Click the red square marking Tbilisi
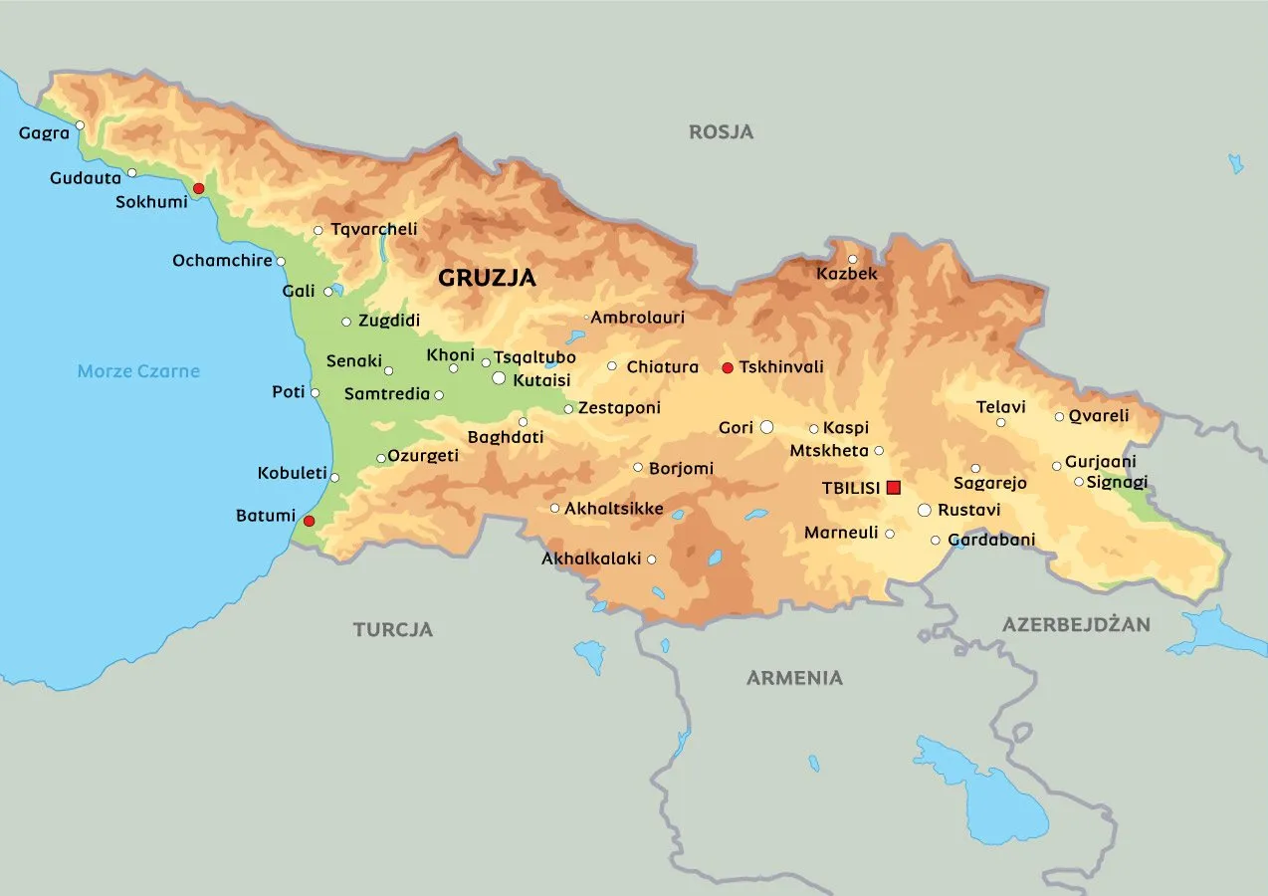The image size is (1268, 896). (x=893, y=487)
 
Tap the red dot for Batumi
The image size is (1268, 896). (x=309, y=521)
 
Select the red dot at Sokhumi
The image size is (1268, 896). (x=198, y=188)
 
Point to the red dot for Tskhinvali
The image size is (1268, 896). (x=728, y=368)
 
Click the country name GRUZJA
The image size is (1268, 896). (x=487, y=279)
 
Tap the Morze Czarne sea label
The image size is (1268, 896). (x=138, y=371)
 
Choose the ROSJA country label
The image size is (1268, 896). (x=721, y=131)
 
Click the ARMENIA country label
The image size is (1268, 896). (x=794, y=678)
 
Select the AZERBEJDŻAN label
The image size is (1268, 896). (x=1076, y=625)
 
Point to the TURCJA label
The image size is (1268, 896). (x=393, y=629)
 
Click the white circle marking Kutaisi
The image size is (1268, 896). (x=499, y=378)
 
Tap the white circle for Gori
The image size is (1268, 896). (x=766, y=427)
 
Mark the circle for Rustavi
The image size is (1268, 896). (x=924, y=510)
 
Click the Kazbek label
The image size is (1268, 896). (x=847, y=274)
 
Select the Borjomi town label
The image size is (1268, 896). (x=681, y=468)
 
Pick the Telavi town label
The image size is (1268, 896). (x=1000, y=406)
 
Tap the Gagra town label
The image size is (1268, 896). (x=44, y=132)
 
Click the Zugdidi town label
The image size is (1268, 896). (x=388, y=321)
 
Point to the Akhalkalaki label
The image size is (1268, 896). (x=591, y=560)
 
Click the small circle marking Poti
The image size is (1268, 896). (x=316, y=393)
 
